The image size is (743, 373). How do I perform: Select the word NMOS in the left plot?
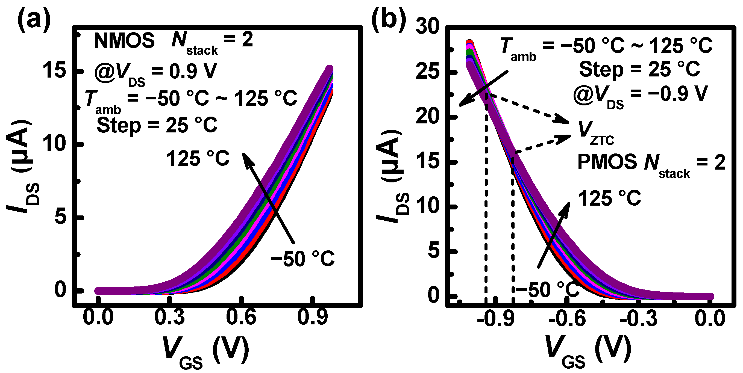124,41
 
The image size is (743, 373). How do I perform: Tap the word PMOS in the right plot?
607,162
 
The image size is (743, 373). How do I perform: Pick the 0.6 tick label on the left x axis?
241,317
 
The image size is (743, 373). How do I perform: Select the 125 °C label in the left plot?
198,159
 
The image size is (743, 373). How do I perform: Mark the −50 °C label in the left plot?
302,259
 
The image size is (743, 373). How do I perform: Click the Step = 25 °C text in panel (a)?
157,126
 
